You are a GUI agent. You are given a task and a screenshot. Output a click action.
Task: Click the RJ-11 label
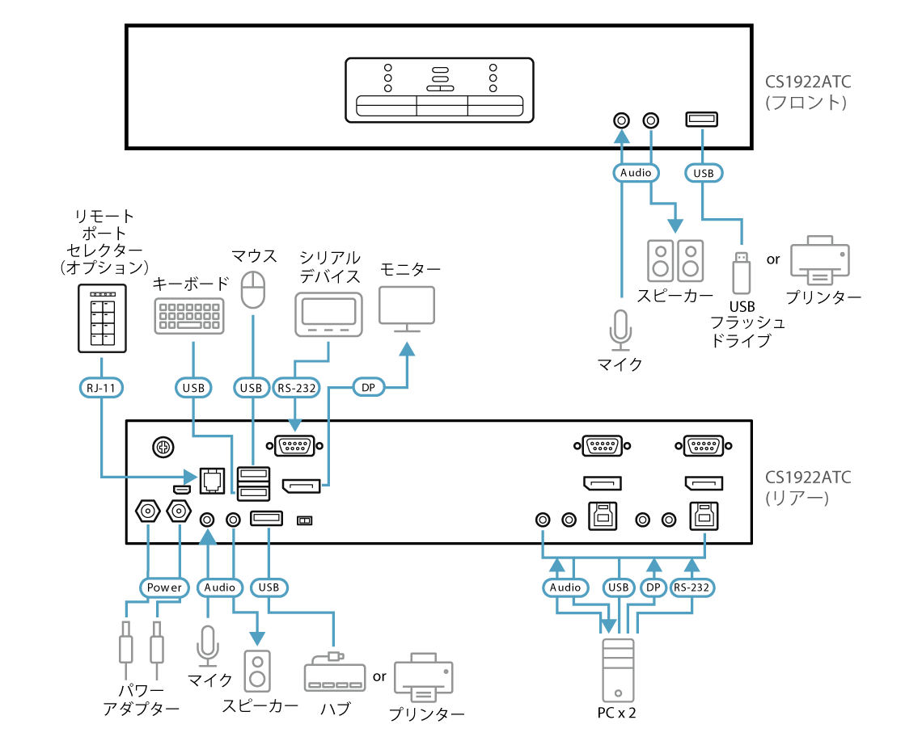(102, 388)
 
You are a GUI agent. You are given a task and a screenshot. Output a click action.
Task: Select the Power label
(164, 587)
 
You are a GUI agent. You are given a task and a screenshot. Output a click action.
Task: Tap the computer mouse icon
(253, 289)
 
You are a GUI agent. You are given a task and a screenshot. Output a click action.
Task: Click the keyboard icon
(189, 315)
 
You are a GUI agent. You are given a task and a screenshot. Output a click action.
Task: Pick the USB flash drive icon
(741, 272)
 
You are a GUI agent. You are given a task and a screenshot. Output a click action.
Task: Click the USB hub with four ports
(335, 673)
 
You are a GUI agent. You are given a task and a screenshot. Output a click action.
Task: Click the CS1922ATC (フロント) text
(808, 92)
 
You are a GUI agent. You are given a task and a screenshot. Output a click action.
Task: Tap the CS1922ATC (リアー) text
(808, 487)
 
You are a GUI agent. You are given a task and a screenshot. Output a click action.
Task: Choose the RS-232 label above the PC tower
(691, 587)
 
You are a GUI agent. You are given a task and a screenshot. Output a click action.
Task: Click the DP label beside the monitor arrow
(369, 388)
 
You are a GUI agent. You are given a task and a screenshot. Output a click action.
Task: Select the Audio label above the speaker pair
(636, 173)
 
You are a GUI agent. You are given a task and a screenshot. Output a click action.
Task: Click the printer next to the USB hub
(424, 676)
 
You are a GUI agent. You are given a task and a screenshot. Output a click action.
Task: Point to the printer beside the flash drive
(820, 260)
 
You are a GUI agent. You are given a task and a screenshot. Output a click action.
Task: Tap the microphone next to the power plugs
(208, 646)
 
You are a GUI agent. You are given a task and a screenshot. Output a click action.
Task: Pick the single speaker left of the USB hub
(258, 671)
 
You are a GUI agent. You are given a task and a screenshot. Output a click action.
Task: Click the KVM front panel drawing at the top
(439, 90)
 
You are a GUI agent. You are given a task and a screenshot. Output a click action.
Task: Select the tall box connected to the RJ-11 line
(102, 318)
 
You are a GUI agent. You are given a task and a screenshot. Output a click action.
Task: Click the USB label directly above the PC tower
(619, 587)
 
